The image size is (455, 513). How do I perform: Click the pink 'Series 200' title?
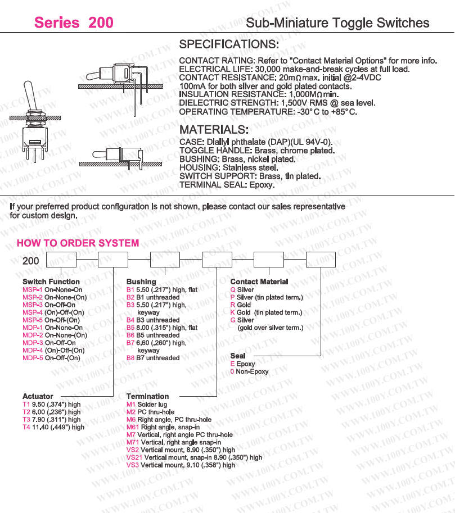coord(74,22)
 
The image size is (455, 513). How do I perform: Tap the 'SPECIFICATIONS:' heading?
coord(228,44)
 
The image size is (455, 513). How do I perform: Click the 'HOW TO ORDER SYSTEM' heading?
coord(78,243)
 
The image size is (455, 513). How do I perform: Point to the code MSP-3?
coord(33,305)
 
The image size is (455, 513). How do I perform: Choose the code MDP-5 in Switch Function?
coord(33,357)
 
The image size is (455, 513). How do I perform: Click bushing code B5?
coord(130,328)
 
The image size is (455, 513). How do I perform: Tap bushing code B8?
coord(130,357)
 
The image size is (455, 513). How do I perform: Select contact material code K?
coord(233,312)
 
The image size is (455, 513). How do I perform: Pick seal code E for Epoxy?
coord(232,364)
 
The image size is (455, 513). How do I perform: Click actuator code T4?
coord(26,427)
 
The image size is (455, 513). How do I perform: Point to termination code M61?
coord(133,427)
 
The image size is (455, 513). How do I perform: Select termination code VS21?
coord(134,457)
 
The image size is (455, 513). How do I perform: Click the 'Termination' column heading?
coord(147,396)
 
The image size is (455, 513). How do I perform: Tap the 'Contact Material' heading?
coord(259,282)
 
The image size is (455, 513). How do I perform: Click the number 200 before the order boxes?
coord(31,261)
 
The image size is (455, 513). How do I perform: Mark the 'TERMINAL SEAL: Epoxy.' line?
coord(226,185)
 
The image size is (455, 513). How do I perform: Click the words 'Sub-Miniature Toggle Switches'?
coord(337,23)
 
